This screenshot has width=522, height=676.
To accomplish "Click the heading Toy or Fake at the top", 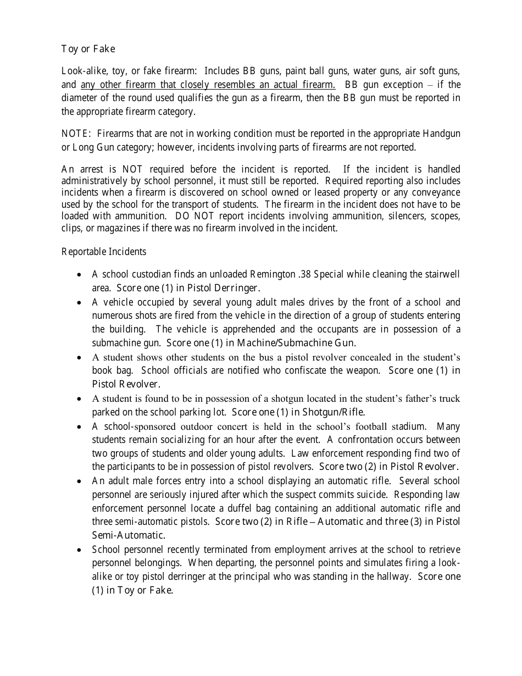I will [88, 49].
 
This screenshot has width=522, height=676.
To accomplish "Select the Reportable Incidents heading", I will [104, 252].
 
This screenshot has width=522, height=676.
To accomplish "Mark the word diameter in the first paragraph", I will [80, 98].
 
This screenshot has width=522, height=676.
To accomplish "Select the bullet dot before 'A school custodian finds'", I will [80, 275].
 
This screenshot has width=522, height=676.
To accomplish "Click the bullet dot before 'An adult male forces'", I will [80, 481].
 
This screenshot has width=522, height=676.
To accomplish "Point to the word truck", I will [448, 398].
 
